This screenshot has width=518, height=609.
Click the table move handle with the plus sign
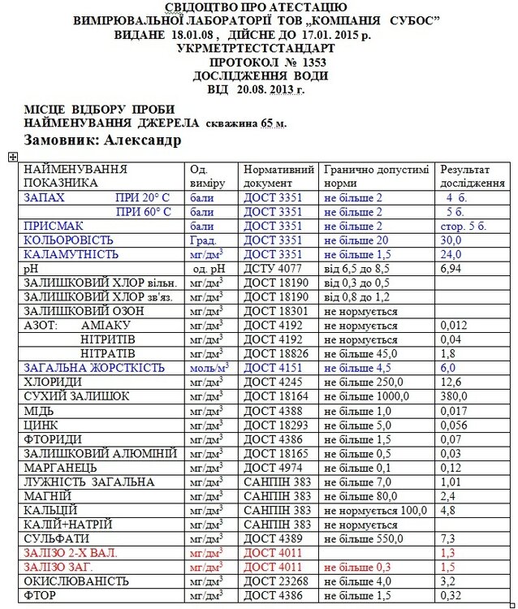click(13, 157)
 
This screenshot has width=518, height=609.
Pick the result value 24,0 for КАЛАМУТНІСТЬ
click(451, 254)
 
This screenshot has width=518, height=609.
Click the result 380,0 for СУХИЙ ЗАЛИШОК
click(455, 396)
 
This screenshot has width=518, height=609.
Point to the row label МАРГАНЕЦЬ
click(61, 468)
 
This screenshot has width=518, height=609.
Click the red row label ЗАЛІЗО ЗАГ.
click(58, 567)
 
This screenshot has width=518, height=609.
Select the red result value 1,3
click(447, 553)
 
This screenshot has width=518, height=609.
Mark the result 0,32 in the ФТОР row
click(451, 596)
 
